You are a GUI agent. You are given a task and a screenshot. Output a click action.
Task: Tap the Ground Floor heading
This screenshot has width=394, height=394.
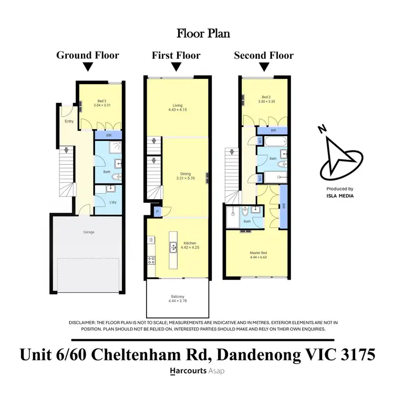[x=88, y=55]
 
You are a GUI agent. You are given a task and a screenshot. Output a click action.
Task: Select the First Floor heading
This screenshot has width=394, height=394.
[x=177, y=55]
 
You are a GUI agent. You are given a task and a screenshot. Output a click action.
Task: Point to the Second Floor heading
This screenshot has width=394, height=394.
[x=264, y=55]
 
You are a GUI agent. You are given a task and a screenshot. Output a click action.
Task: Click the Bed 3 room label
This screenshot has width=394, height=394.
[x=102, y=101]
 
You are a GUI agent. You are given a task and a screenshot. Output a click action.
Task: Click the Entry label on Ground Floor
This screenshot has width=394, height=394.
[x=69, y=121]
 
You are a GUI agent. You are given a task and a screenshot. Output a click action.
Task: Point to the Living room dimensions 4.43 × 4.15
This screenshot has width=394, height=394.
[x=178, y=110]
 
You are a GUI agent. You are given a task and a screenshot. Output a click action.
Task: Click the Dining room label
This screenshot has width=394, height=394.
[x=185, y=173]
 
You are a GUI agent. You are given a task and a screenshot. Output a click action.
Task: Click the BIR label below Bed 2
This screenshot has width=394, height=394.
[x=273, y=130]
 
